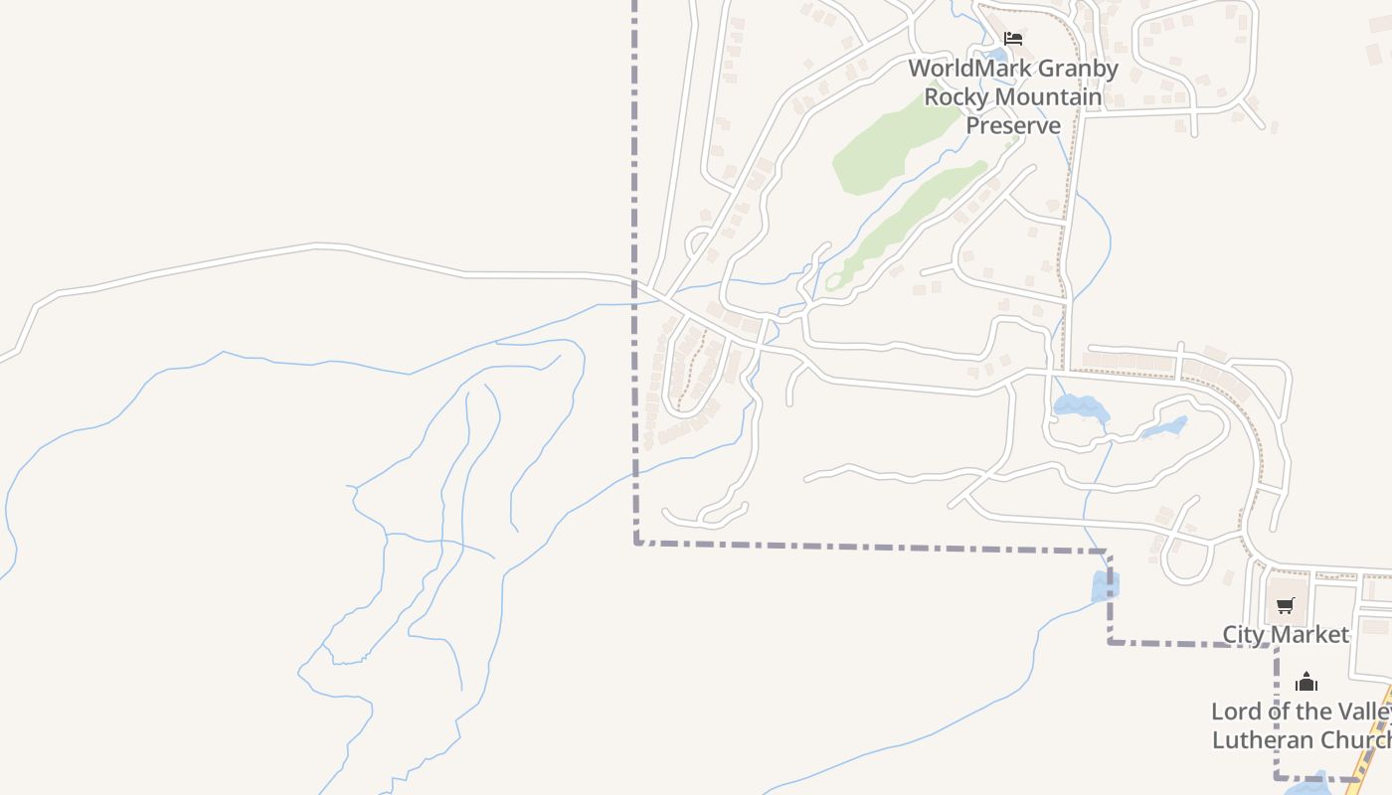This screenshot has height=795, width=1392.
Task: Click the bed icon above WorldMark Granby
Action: tap(1013, 39)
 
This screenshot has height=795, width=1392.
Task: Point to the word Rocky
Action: tap(957, 97)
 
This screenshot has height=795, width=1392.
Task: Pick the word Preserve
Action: tap(1013, 125)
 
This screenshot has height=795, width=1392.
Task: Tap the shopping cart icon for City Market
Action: tap(1286, 605)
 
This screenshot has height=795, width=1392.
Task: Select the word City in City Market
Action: tap(1243, 634)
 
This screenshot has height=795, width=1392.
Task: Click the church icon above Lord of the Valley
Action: tap(1306, 682)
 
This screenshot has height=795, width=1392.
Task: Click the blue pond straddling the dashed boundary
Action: tap(1105, 586)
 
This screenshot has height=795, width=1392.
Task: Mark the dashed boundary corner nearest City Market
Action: tap(1276, 646)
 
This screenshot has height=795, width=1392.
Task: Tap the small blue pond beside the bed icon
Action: tap(994, 55)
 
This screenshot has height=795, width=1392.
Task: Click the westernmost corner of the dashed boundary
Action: tap(636, 543)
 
